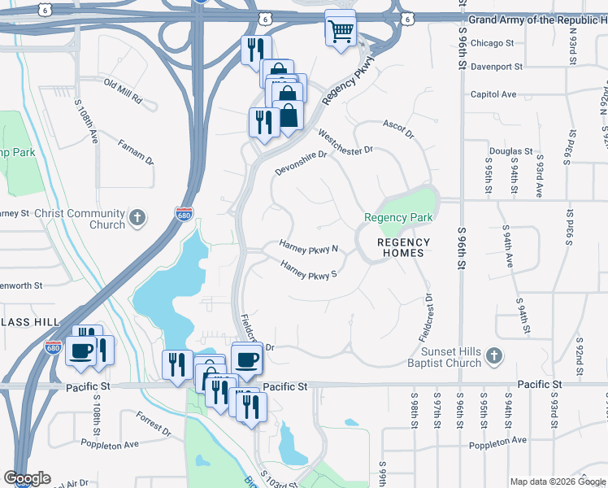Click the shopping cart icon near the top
tap(341, 32)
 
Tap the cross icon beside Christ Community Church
tap(138, 217)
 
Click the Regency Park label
tap(398, 217)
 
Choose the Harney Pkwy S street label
tap(308, 270)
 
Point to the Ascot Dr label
tap(398, 129)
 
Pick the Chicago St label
tap(492, 42)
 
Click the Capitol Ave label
tap(493, 94)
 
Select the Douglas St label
tap(510, 151)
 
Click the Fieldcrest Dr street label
tap(427, 317)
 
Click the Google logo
tap(27, 478)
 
